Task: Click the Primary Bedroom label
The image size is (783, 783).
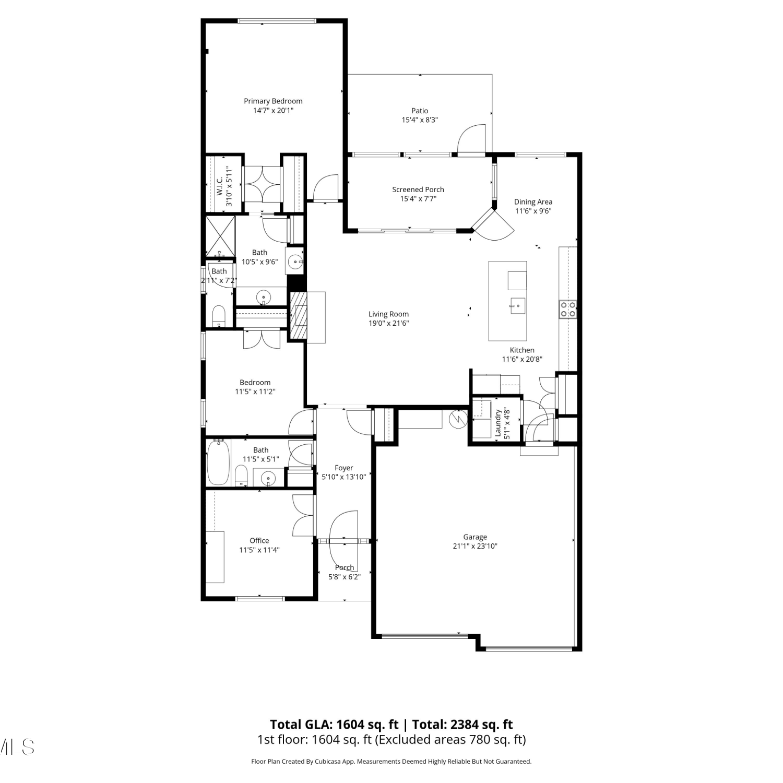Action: click(x=273, y=101)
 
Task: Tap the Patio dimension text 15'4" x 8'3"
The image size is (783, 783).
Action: click(x=420, y=120)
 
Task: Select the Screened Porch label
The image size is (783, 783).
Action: click(x=418, y=189)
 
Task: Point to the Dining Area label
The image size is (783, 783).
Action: click(x=533, y=202)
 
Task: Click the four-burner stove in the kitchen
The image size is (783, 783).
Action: click(x=568, y=309)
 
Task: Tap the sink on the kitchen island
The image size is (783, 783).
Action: click(x=518, y=305)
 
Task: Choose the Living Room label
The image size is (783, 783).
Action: click(x=388, y=314)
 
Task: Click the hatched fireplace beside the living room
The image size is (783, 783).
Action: click(x=299, y=316)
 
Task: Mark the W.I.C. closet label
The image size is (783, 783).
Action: click(x=220, y=186)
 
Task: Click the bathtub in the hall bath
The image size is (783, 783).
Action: click(x=218, y=462)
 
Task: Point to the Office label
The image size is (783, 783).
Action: click(x=259, y=541)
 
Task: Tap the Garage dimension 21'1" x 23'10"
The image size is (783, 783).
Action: click(x=475, y=547)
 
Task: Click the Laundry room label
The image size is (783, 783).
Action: click(x=498, y=423)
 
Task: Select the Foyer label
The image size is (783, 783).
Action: click(x=344, y=468)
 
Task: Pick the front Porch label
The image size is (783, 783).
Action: click(x=345, y=568)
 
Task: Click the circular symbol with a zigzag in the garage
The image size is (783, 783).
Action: click(x=458, y=418)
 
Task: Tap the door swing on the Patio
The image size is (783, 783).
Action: click(x=472, y=139)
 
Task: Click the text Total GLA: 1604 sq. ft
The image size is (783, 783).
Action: click(x=334, y=725)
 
